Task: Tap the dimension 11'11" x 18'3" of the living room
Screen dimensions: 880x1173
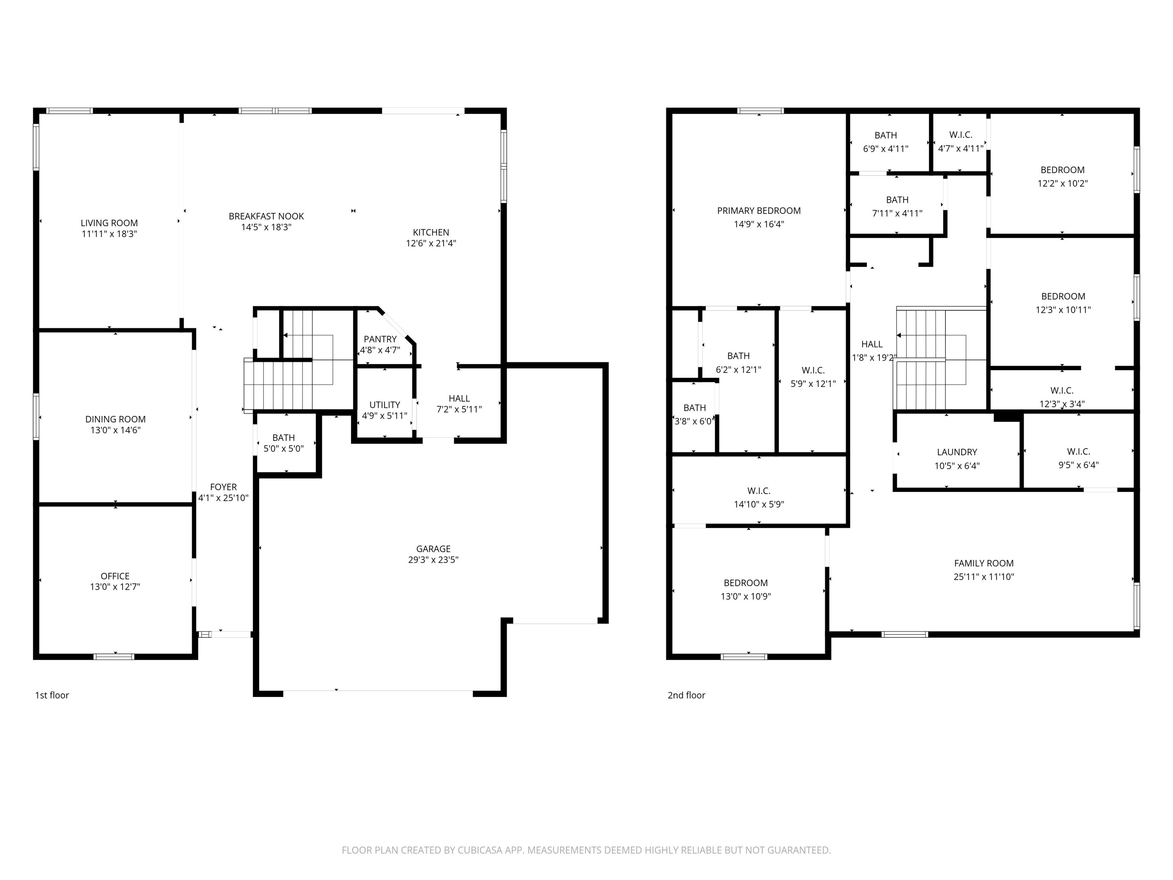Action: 109,234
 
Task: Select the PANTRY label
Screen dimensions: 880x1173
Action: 380,339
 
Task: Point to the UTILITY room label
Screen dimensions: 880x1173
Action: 385,405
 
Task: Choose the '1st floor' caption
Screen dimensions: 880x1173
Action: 52,695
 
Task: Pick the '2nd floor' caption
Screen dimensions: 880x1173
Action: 686,695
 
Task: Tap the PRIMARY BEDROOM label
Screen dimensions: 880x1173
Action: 758,210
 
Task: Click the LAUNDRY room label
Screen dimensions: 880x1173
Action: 956,452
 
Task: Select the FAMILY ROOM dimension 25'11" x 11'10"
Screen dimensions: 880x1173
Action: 984,577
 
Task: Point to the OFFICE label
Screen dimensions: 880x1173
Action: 115,576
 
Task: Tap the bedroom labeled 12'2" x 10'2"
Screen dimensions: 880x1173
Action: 1062,176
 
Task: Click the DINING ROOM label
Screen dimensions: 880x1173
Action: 115,419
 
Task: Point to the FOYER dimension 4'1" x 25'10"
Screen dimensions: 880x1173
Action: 223,498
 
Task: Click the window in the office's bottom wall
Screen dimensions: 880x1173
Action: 114,657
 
